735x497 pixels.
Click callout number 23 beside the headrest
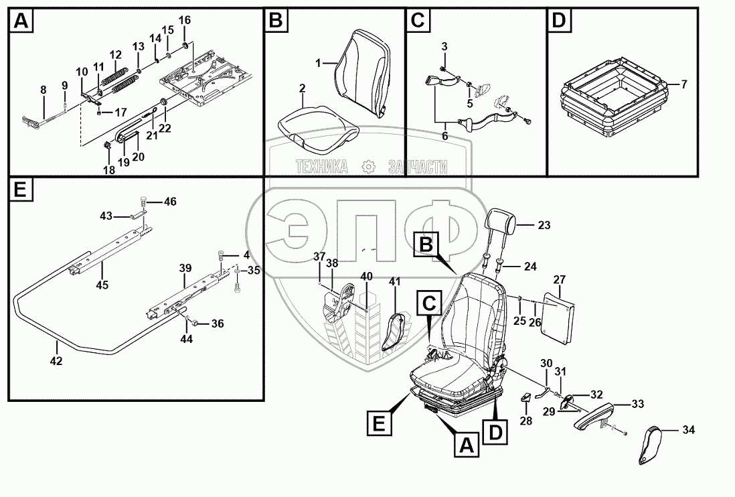click(x=544, y=226)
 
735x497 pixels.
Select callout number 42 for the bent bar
click(x=56, y=362)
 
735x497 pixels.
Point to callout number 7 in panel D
click(x=683, y=84)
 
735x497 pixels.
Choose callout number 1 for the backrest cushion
click(x=320, y=62)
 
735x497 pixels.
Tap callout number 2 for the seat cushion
click(x=303, y=89)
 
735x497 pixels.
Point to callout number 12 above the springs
click(x=116, y=55)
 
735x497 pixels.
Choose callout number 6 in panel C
click(x=445, y=136)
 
